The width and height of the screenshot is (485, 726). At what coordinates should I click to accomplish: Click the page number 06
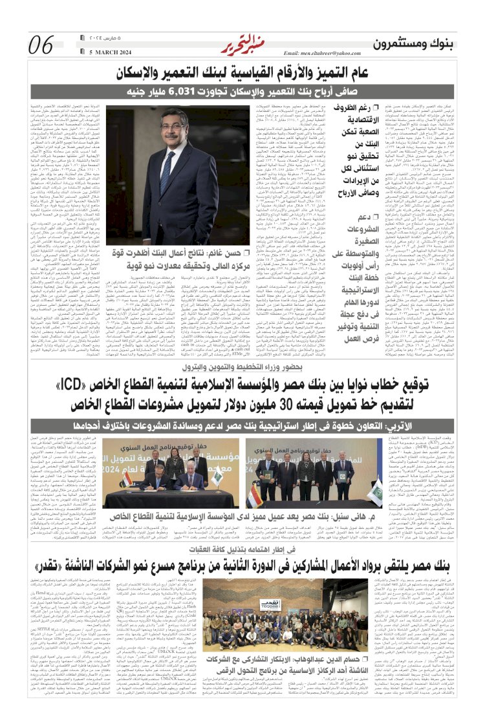coord(41,45)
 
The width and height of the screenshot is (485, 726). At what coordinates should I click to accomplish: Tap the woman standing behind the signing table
coord(175,464)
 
